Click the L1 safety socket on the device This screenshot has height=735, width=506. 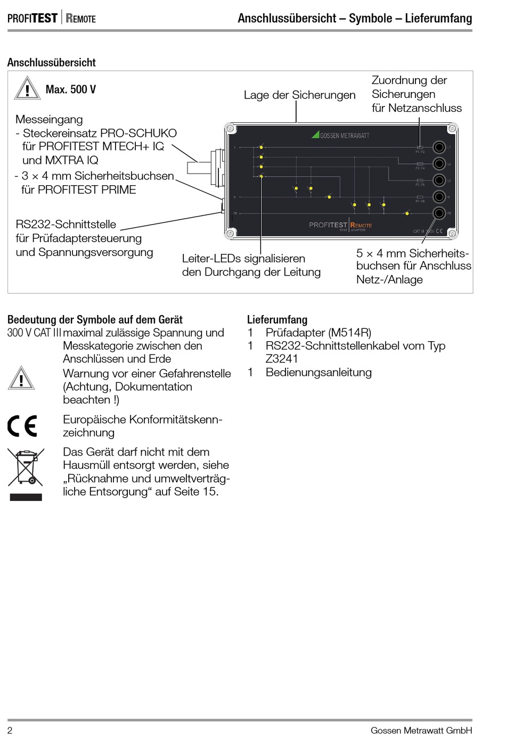(x=439, y=147)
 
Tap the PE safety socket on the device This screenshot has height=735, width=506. (x=439, y=213)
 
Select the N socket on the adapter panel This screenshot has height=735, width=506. (x=439, y=197)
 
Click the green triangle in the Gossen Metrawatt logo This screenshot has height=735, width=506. (x=315, y=135)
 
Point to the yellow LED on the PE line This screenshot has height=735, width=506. (x=407, y=213)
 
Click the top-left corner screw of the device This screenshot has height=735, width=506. (x=230, y=128)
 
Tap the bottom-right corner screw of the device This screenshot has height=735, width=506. (x=452, y=233)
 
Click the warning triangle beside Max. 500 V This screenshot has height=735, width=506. (x=27, y=89)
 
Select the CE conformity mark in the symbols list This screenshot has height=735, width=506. (x=22, y=426)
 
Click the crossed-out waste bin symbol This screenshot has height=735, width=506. (x=25, y=467)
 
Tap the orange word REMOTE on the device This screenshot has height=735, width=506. (x=362, y=225)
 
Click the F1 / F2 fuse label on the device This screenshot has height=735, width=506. (x=420, y=152)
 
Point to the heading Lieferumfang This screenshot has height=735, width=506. (x=277, y=319)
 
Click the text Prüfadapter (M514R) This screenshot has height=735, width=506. (x=318, y=333)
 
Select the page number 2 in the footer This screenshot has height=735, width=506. (x=10, y=730)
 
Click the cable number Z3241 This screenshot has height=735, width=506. (x=282, y=359)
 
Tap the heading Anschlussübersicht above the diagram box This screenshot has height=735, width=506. (x=51, y=62)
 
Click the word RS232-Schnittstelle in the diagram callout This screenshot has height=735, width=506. (x=66, y=225)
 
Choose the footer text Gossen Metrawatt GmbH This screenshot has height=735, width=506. (x=421, y=730)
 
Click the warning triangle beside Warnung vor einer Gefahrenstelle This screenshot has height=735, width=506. (x=21, y=379)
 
